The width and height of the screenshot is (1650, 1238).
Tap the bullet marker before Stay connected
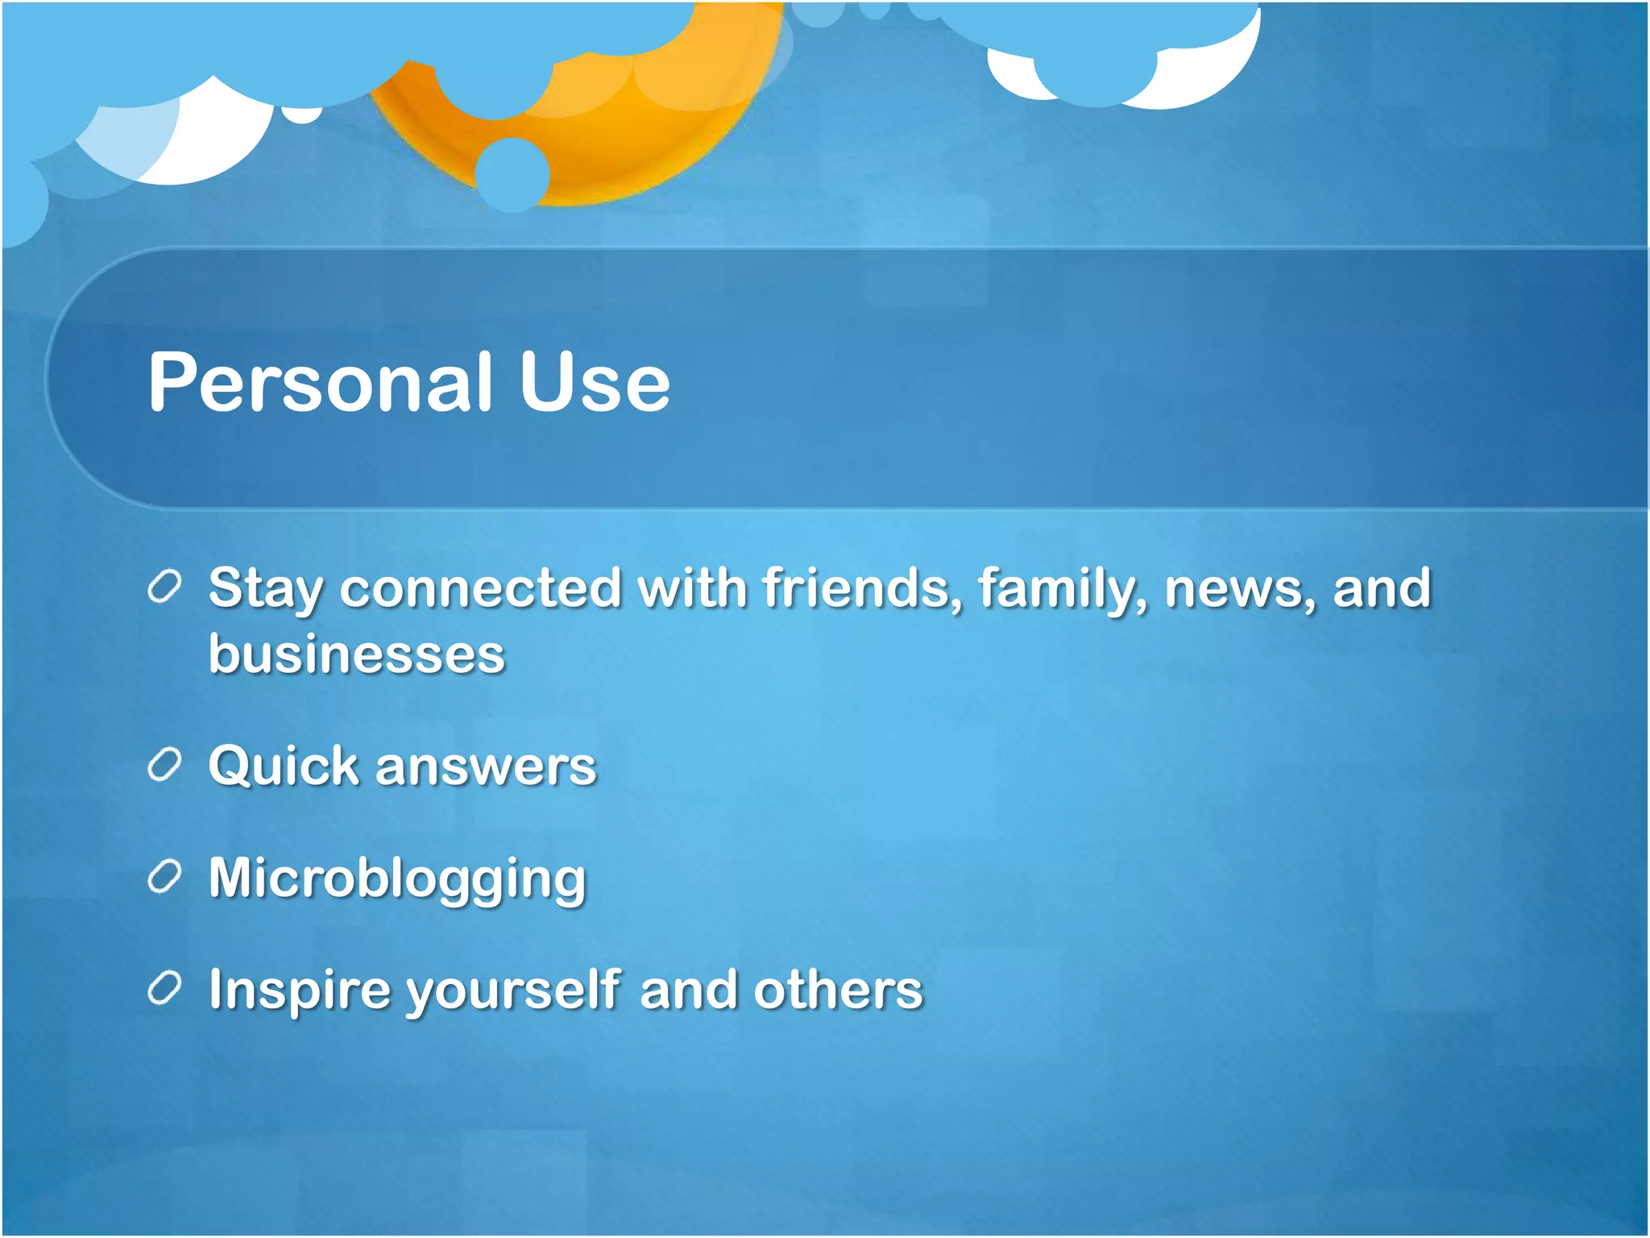coord(165,588)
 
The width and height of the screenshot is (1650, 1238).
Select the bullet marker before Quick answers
coord(165,765)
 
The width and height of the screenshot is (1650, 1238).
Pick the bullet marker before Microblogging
coord(165,877)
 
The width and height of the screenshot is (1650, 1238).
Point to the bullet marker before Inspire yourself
coord(165,989)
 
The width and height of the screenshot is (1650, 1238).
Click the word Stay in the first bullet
coord(265,589)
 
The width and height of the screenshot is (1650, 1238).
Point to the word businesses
coord(356,654)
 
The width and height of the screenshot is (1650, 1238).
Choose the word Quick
coord(283,765)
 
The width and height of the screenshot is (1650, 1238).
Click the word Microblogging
coord(397,879)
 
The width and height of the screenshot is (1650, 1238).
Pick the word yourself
coord(513,991)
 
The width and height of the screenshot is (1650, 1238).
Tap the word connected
coord(481,588)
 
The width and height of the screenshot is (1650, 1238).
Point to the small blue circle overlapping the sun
coord(512,174)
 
